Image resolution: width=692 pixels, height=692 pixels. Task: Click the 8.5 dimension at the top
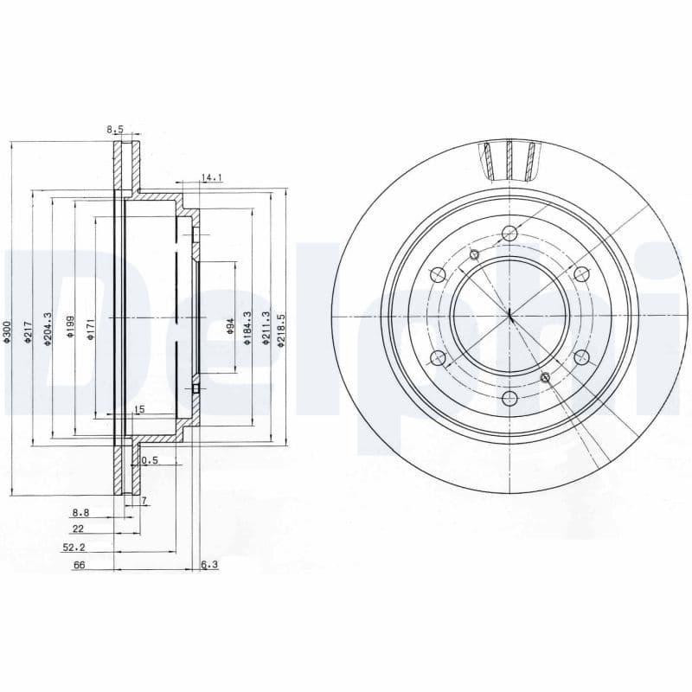[x=115, y=130]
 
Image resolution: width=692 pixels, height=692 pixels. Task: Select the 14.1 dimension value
[x=212, y=178]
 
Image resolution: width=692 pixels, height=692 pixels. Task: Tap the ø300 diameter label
[x=6, y=332]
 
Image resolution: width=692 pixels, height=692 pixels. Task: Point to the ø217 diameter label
[x=29, y=332]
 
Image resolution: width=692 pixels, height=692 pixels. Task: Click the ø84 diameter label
[x=231, y=327]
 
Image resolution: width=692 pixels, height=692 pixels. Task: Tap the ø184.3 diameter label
[x=248, y=330]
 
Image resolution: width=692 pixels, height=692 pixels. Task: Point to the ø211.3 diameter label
[x=267, y=330]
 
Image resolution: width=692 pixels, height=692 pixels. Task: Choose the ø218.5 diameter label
[x=281, y=330]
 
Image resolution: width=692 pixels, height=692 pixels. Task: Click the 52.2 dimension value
[x=73, y=548]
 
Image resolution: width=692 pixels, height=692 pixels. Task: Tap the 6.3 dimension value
[x=209, y=565]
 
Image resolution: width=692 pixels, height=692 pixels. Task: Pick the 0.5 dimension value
[x=150, y=460]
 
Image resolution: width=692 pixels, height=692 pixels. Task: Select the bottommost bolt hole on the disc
[x=509, y=398]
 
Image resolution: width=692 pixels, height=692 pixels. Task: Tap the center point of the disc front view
[x=509, y=316]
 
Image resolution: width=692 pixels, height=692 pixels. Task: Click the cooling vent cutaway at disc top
[x=509, y=159]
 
